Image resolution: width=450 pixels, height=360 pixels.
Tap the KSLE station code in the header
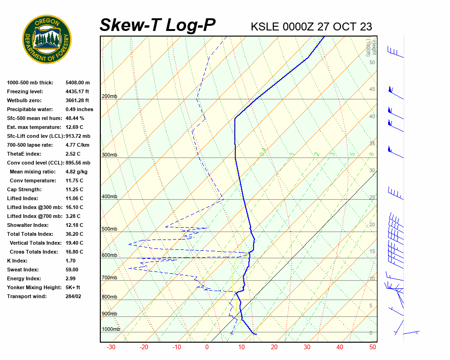click(x=265, y=26)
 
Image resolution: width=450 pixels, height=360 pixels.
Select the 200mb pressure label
click(x=109, y=97)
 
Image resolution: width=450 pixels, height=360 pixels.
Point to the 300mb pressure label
click(x=109, y=155)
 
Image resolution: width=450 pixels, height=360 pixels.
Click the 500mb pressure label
click(x=109, y=229)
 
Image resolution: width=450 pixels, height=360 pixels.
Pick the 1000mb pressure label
click(x=111, y=330)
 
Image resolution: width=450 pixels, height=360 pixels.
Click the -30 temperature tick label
click(x=111, y=347)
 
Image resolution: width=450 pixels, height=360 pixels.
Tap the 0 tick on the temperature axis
click(x=207, y=347)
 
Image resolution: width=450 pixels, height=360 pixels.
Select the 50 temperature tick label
click(x=373, y=347)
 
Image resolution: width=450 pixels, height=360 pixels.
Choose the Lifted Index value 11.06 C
click(x=74, y=198)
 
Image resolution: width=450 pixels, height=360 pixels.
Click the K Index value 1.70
click(x=72, y=261)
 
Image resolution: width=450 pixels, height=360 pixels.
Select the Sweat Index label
click(x=23, y=270)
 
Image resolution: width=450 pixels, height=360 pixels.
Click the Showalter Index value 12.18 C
click(x=74, y=225)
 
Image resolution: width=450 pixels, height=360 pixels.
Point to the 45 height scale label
click(x=372, y=90)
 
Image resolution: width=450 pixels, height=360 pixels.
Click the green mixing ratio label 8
click(x=371, y=154)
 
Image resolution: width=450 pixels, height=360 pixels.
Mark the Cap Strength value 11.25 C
click(x=74, y=189)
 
